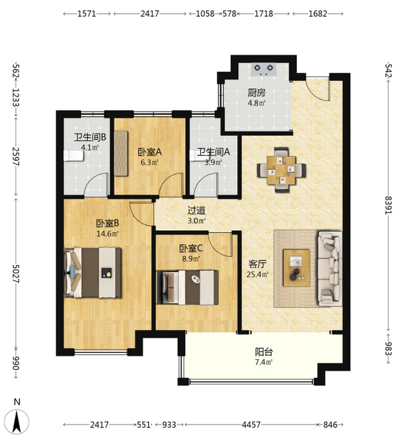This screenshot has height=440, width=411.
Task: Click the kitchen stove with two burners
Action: [x=264, y=69]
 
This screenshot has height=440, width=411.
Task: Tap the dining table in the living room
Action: [x=281, y=170]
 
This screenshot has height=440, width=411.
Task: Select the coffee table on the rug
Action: [x=296, y=268]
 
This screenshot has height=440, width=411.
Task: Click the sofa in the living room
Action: [x=329, y=268]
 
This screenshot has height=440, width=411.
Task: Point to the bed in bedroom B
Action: [x=93, y=272]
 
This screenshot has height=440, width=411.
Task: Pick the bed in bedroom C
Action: [x=187, y=287]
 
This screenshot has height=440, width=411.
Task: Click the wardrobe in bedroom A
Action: [x=121, y=153]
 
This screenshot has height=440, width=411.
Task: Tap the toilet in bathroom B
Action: [x=73, y=156]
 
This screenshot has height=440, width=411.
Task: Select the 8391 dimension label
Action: [x=388, y=205]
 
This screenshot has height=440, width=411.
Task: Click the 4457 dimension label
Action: [x=252, y=424]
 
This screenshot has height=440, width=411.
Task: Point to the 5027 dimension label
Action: [x=16, y=273]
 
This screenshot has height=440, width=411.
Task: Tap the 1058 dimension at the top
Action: [x=205, y=14]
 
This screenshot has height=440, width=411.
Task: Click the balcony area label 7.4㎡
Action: [x=264, y=362]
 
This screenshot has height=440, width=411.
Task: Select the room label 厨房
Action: [x=257, y=92]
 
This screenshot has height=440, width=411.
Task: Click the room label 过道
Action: [x=196, y=210]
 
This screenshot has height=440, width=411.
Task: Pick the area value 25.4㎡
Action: [x=258, y=274]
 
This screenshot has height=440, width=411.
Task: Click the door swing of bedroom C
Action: [x=220, y=244]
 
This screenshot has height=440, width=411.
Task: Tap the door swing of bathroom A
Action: [x=206, y=184]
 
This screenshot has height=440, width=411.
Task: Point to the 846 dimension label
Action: [x=330, y=424]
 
